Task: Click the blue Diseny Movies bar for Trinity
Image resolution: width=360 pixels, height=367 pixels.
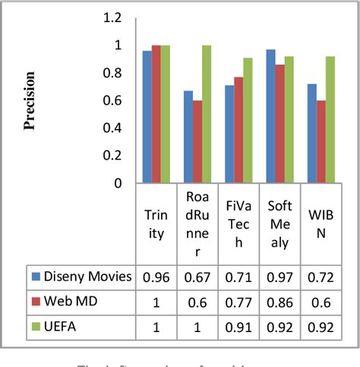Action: [x=147, y=117]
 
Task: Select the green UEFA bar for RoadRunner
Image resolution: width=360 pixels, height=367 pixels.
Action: [x=206, y=114]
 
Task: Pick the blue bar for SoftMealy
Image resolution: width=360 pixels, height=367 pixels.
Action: [x=268, y=116]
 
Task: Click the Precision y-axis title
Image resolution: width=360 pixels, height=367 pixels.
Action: [x=30, y=101]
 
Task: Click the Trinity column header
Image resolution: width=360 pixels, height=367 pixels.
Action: [x=156, y=224]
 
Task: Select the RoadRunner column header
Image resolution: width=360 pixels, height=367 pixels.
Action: [x=197, y=224]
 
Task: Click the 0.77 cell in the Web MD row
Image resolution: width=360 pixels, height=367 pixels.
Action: [x=238, y=301]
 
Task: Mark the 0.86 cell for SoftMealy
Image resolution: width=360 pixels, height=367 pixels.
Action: [x=278, y=301]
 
